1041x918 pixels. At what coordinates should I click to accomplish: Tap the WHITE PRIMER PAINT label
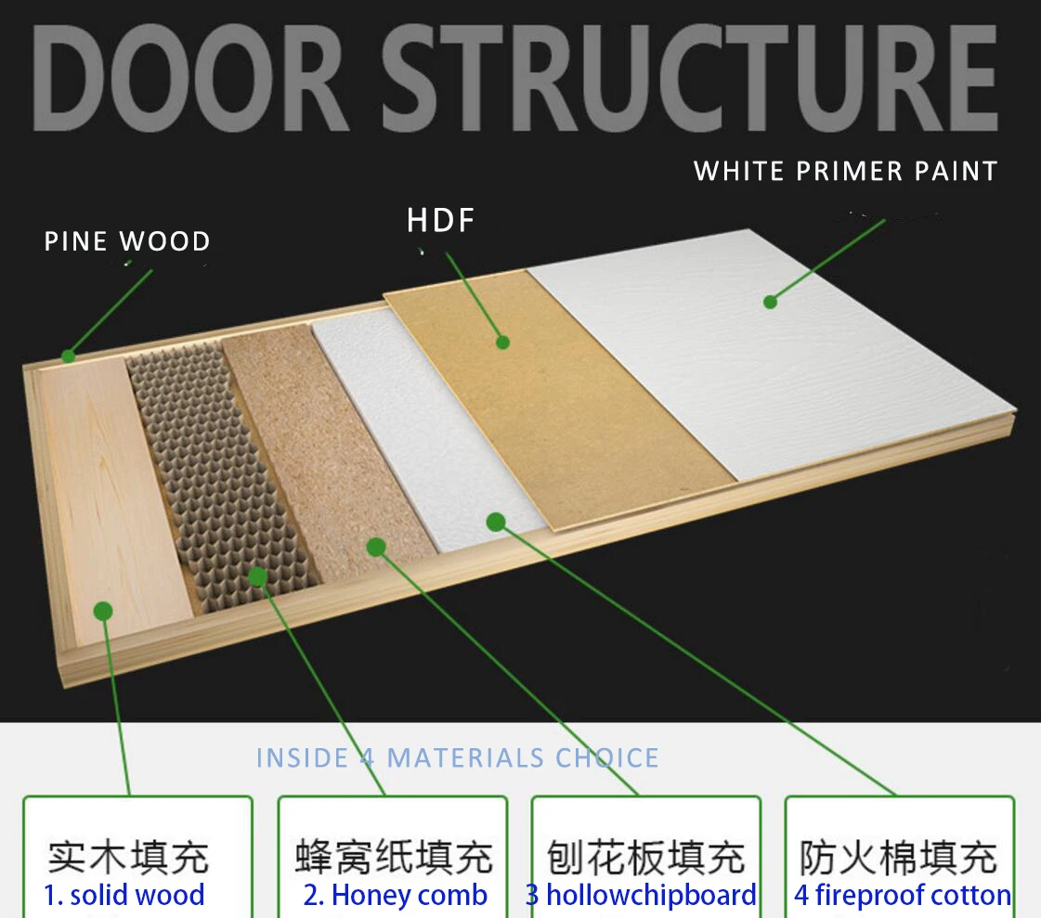[845, 172]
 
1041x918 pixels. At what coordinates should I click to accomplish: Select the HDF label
[441, 221]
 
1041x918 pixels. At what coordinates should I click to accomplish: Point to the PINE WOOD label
[127, 242]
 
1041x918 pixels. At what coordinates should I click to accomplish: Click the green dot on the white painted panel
[770, 301]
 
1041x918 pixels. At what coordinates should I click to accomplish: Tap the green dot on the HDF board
[502, 342]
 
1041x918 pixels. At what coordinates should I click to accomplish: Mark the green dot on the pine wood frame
[68, 356]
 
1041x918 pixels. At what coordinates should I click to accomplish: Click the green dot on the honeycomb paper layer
[257, 576]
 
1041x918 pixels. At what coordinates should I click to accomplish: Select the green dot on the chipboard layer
[375, 547]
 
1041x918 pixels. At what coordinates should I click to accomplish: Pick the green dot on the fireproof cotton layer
[496, 522]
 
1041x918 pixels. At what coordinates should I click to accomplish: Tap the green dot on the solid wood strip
[103, 611]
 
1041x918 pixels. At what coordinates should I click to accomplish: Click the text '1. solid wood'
[124, 896]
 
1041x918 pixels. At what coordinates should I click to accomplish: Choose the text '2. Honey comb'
[395, 896]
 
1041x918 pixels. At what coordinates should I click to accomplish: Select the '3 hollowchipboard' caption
[641, 896]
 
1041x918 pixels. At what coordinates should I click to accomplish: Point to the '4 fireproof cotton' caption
[902, 896]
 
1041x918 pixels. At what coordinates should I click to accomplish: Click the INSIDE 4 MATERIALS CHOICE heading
[457, 757]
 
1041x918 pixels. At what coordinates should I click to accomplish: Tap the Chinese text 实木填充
[128, 857]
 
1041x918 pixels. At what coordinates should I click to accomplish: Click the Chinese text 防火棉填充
[898, 857]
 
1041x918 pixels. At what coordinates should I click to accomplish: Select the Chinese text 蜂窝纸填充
[394, 857]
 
